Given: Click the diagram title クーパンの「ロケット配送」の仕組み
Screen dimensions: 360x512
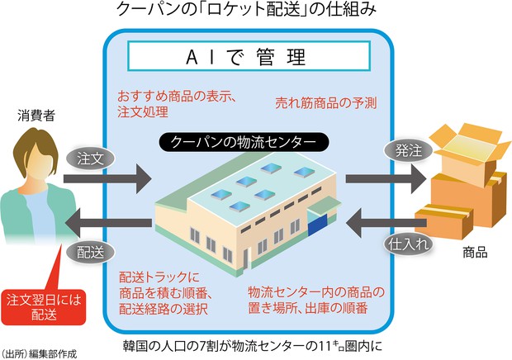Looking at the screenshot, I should point(256,12).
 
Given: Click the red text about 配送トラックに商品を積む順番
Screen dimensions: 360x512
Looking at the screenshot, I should point(168,293).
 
